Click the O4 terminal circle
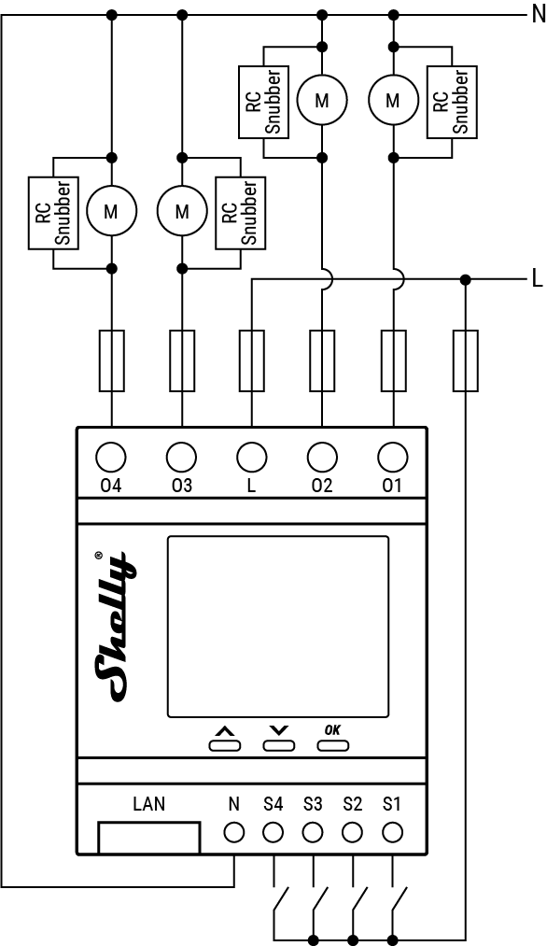[111, 457]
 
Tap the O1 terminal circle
[393, 457]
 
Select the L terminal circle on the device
[251, 457]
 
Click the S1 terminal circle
[393, 831]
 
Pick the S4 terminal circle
[273, 831]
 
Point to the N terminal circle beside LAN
[233, 831]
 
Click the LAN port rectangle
[149, 836]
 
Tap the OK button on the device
[333, 745]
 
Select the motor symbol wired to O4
[111, 211]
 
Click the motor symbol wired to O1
[393, 98]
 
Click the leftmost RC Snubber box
[52, 213]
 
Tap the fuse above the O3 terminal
[181, 360]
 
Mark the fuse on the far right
[465, 360]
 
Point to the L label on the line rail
[537, 278]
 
